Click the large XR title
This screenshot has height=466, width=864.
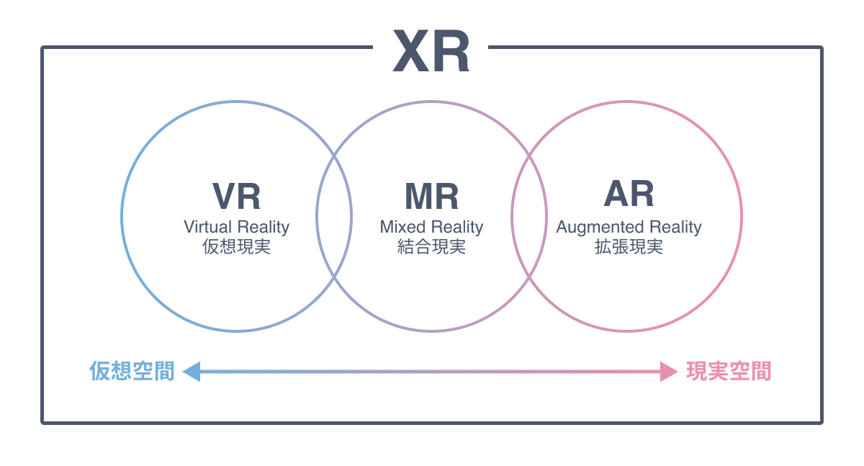coord(431,53)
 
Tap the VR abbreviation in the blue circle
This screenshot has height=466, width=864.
coord(236,196)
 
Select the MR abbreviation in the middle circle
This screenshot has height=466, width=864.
coord(431,196)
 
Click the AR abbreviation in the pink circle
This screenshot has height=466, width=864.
coord(629,194)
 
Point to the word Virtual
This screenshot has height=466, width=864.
coord(208,227)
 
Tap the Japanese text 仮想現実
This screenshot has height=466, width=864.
coord(236,247)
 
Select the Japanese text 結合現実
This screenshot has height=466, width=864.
coord(431,247)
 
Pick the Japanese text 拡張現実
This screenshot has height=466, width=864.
coord(629,247)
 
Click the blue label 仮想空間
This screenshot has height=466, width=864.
coord(132,372)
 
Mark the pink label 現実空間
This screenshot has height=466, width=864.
coord(729,372)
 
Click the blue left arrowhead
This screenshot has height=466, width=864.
coord(192,372)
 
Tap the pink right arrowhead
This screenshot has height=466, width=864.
coord(668,372)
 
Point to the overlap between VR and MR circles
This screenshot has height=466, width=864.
coord(334,216)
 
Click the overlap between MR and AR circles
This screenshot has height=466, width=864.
coord(529,216)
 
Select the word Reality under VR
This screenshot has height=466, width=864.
coord(264,227)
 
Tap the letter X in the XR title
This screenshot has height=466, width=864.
coord(410,53)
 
